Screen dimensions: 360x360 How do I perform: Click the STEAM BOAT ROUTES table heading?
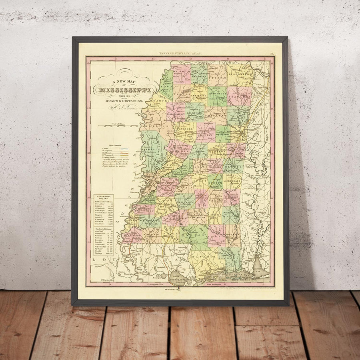tap(104, 198)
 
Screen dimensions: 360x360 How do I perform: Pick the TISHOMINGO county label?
tap(241, 74)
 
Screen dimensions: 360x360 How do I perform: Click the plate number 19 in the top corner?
tap(271, 53)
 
